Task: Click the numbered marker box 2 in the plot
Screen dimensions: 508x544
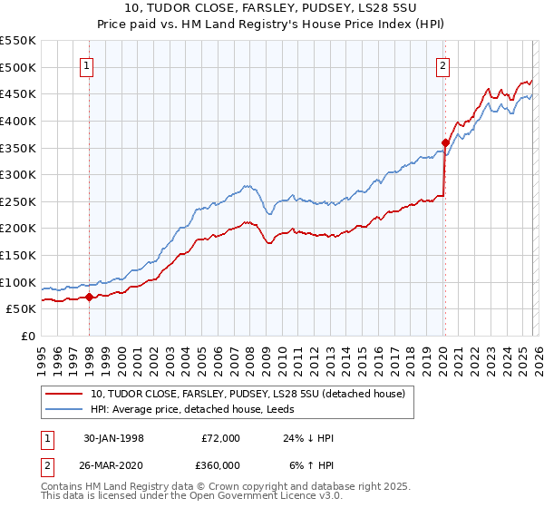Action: (442, 65)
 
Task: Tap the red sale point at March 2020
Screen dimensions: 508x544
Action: (445, 142)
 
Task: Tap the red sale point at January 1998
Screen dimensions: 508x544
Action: (90, 297)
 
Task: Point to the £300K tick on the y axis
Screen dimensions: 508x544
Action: (18, 174)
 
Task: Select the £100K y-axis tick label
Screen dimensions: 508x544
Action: (18, 282)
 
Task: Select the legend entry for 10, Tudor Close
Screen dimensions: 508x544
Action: (253, 393)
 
